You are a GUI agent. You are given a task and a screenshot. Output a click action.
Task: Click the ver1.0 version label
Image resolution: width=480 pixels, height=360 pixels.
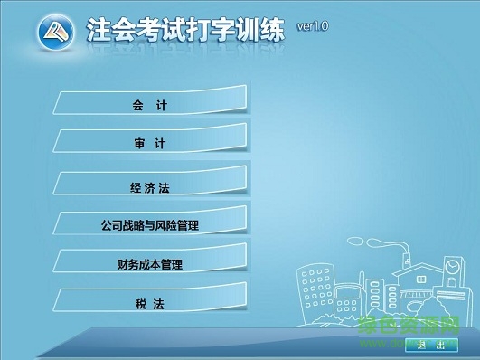coord(311,27)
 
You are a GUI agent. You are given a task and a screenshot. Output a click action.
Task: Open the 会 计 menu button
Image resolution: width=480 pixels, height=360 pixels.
coord(149,105)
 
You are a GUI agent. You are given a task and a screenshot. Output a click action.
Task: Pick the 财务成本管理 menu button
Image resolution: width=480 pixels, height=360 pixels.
coord(149,264)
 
